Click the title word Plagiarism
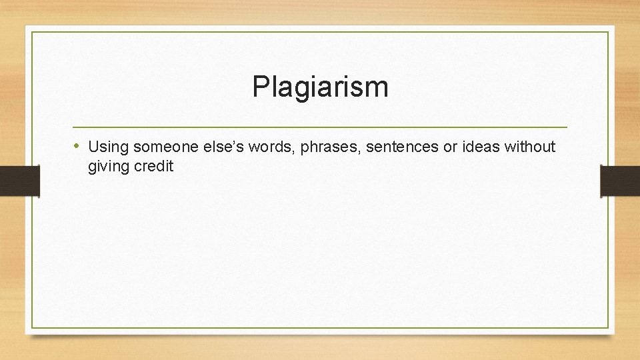320,87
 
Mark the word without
530,146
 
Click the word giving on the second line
109,167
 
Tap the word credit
153,166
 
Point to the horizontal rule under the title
320,127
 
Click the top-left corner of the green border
31,32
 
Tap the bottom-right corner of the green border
609,327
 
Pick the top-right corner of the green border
609,32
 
